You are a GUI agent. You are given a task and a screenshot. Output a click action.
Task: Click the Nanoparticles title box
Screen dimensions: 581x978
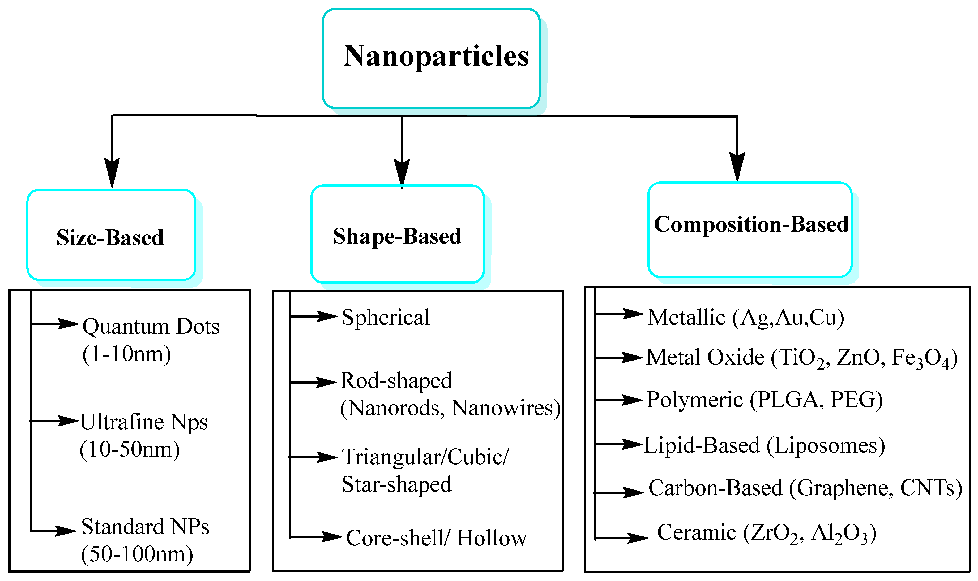431,58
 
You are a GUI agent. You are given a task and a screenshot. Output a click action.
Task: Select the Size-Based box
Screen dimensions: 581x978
111,235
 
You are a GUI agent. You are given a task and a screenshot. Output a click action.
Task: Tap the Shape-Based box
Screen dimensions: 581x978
397,234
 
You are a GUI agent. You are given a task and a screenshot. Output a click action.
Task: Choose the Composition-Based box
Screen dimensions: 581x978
750,230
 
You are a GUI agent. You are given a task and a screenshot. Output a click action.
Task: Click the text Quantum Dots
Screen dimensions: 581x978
151,327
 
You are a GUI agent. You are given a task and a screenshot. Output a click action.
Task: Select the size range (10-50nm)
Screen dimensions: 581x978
130,449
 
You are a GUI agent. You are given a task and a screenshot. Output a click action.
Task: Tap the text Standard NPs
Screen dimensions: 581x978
145,527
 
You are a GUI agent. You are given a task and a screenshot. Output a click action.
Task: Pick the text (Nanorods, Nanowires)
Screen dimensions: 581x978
450,408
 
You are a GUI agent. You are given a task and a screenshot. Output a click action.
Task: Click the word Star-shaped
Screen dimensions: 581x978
396,484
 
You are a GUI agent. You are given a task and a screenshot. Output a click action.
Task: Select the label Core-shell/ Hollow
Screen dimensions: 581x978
436,538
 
